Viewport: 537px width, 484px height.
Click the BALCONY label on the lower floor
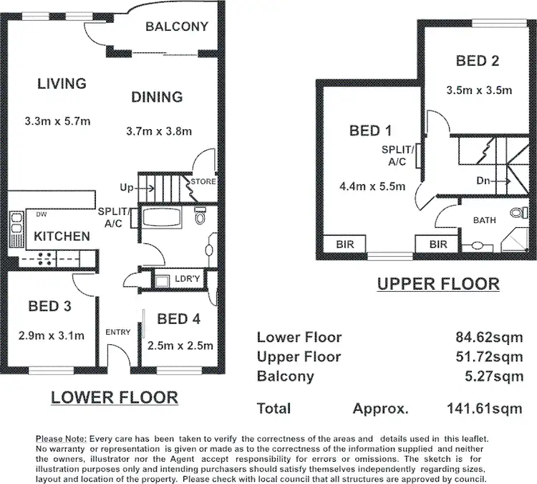pyautogui.click(x=176, y=27)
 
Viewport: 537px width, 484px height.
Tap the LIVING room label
pyautogui.click(x=62, y=83)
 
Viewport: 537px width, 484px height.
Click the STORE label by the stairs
pyautogui.click(x=203, y=181)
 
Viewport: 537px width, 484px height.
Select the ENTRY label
pyautogui.click(x=117, y=331)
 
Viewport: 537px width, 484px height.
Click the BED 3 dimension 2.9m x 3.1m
pyautogui.click(x=52, y=335)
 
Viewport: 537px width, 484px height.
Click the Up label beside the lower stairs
pyautogui.click(x=127, y=188)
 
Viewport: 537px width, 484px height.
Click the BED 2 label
pyautogui.click(x=477, y=61)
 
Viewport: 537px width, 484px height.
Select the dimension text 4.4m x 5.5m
pyautogui.click(x=372, y=187)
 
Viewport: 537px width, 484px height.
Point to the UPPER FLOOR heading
pyautogui.click(x=438, y=284)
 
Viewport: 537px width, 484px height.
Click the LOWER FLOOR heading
pyautogui.click(x=114, y=397)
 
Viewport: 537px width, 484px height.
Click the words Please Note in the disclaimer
pyautogui.click(x=60, y=438)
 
